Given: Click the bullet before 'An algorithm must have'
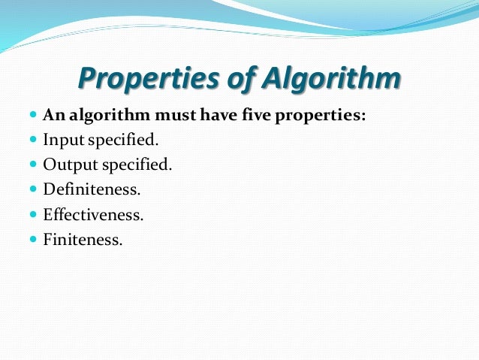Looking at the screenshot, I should (x=33, y=116).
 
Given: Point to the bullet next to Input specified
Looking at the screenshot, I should (x=33, y=140).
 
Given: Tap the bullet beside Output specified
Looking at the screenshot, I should (x=33, y=165).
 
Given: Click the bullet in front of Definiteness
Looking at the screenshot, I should (x=33, y=189).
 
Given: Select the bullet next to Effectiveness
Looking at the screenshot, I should (x=33, y=214).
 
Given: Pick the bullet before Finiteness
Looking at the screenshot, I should (x=33, y=239).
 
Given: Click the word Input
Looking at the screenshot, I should (x=64, y=141).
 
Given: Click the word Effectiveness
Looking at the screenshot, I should (x=93, y=214).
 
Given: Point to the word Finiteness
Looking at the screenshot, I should (x=82, y=239).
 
